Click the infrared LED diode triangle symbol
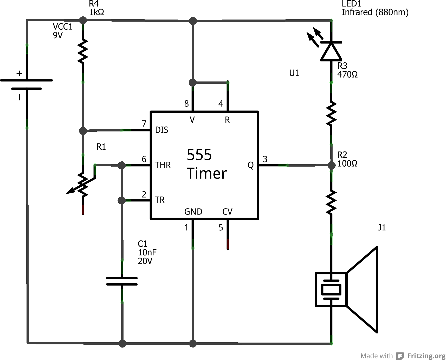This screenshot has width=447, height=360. click(x=331, y=52)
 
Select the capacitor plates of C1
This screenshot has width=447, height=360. click(x=122, y=281)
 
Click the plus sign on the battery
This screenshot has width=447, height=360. click(x=19, y=73)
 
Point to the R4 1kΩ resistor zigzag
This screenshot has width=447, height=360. click(x=83, y=51)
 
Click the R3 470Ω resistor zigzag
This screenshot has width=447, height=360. click(x=331, y=114)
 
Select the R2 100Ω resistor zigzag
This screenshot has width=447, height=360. click(x=331, y=202)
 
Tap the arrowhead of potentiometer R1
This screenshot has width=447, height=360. click(x=70, y=192)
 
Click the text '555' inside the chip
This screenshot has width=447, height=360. click(x=199, y=155)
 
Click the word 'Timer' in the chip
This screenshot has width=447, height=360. click(x=206, y=173)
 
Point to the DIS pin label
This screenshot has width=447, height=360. click(x=161, y=130)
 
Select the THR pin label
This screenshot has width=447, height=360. click(x=163, y=165)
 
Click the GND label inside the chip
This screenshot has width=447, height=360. click(x=193, y=212)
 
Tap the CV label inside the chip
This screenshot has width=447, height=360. click(x=227, y=212)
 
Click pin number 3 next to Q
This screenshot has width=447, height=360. click(x=265, y=159)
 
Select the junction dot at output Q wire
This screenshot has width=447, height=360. click(x=332, y=165)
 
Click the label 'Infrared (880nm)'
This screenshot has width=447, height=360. click(x=375, y=12)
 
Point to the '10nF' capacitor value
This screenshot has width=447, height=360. click(x=147, y=252)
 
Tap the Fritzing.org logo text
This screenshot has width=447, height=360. click(x=426, y=356)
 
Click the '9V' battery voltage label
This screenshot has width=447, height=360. click(x=58, y=35)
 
